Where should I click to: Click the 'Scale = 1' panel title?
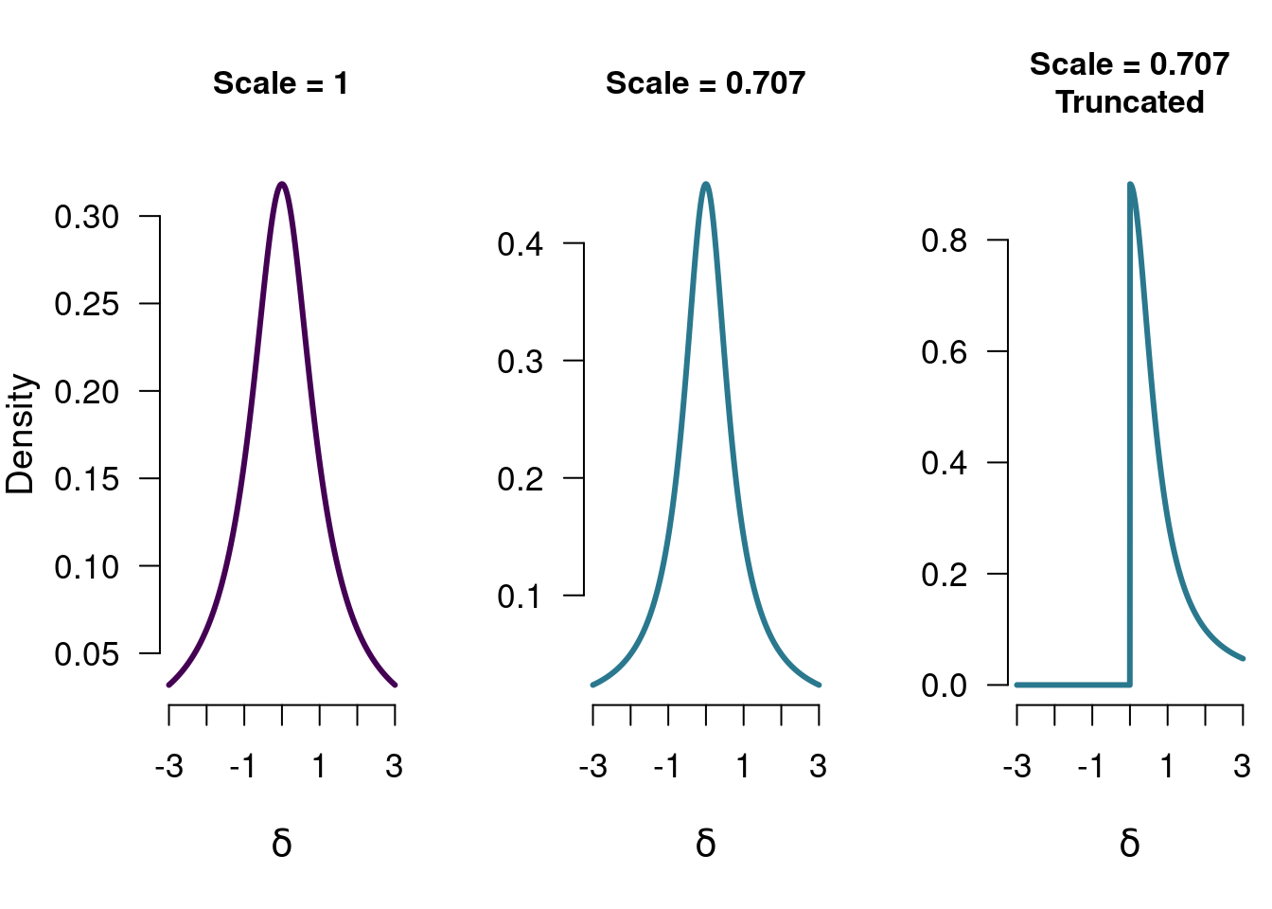coord(281,83)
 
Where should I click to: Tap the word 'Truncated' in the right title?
coord(1130,102)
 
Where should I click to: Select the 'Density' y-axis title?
coord(20,435)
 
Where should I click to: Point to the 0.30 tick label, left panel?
coord(87,217)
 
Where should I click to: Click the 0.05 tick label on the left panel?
coord(87,654)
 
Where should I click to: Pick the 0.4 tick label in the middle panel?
coord(521,244)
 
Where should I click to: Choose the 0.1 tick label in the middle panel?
coord(521,597)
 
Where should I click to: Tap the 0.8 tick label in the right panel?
coord(945,241)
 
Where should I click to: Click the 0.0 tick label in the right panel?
coord(945,686)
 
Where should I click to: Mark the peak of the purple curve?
coord(282,184)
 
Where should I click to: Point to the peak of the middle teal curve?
coord(706,184)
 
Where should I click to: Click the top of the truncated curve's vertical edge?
coord(1130,185)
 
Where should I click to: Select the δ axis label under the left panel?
coord(282,843)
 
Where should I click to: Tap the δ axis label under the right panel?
coord(1130,843)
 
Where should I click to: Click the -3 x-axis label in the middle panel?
coord(592,766)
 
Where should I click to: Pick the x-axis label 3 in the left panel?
coord(395,766)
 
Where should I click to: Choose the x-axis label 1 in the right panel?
coord(1167,766)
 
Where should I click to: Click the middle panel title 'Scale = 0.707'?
coord(706,83)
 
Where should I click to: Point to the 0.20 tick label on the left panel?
coord(87,392)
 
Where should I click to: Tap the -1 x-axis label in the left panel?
coord(242,766)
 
